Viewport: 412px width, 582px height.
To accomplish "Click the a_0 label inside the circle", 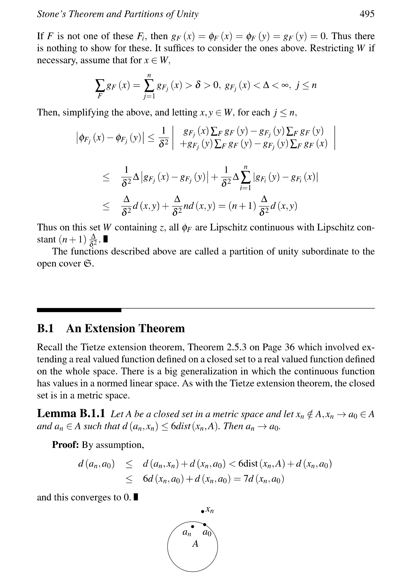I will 207,533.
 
